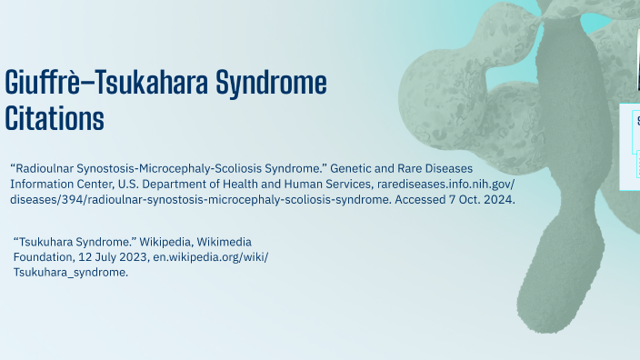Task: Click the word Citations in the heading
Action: (55, 118)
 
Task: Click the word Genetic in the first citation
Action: (351, 169)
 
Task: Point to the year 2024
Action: (500, 200)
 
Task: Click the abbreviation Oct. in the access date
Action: (470, 200)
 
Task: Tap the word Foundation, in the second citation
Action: (44, 257)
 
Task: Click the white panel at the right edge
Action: (630, 145)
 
